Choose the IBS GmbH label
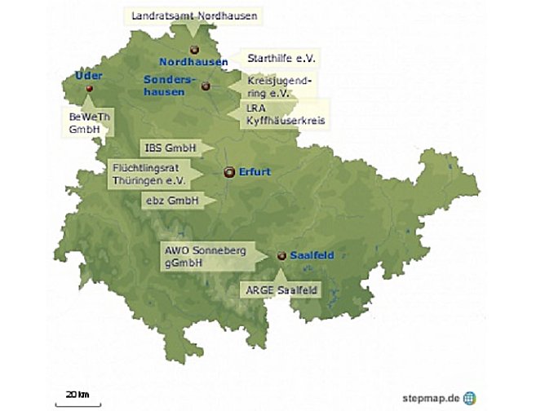point(168,148)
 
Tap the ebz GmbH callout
point(167,200)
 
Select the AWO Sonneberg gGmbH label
point(193,257)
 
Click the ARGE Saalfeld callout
point(281,289)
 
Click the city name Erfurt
point(255,171)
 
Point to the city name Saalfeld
point(312,255)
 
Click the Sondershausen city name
point(165,86)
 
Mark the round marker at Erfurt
point(229,172)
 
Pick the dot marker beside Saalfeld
point(281,255)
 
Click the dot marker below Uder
point(90,88)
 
